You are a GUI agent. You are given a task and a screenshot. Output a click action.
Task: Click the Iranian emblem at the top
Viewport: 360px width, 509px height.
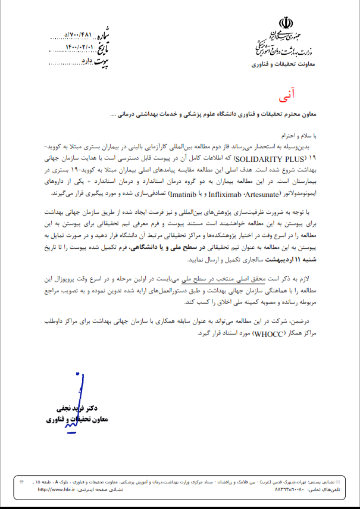(286, 26)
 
